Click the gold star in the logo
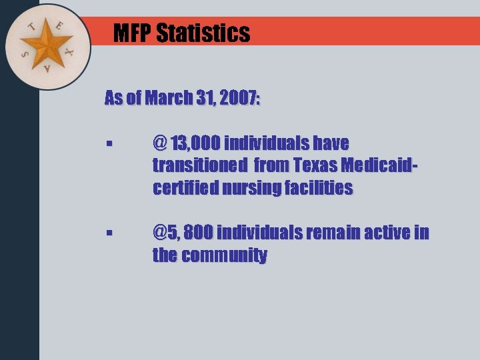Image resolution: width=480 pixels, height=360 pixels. [47, 45]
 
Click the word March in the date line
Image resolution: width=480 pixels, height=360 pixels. [169, 99]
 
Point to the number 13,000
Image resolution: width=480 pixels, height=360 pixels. [196, 143]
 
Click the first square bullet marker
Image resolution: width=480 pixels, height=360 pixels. [109, 144]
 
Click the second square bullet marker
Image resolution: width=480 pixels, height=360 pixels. [109, 234]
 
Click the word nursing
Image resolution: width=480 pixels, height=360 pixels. [254, 189]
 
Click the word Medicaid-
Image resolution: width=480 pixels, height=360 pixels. [379, 166]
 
